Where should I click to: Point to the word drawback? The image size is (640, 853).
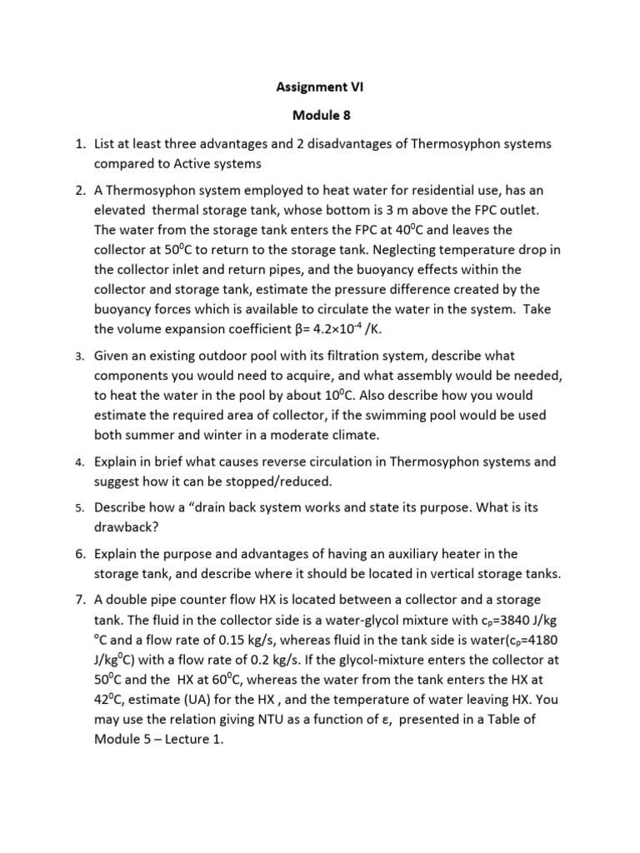(129, 527)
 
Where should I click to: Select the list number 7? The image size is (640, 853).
(79, 601)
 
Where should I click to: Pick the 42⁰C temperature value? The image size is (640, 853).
(111, 699)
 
